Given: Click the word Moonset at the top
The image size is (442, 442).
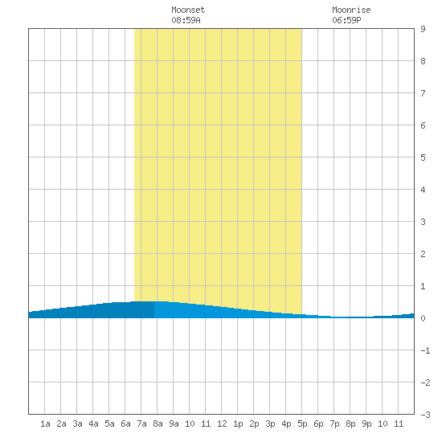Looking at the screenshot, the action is (188, 10).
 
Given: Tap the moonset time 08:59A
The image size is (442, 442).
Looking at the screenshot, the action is (186, 20).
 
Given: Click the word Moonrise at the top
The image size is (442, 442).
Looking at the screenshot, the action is (351, 10).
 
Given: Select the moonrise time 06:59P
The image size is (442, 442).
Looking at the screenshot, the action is (346, 20).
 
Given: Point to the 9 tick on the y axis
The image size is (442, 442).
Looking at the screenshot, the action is (423, 29).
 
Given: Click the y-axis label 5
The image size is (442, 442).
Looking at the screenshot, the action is (423, 158).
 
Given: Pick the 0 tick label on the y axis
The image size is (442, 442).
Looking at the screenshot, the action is (423, 318).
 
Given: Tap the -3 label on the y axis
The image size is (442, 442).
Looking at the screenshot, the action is (425, 415).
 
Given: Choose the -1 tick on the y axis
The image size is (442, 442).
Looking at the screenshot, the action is (425, 350).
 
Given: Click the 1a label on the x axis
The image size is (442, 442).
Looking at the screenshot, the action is (45, 424).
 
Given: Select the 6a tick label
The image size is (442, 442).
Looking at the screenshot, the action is (125, 424).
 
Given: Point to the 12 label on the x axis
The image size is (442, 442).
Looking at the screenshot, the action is (222, 424).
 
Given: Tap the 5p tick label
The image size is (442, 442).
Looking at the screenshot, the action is (302, 424).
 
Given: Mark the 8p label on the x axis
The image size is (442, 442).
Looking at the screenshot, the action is (350, 424).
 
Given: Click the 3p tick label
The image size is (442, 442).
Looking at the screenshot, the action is (270, 424).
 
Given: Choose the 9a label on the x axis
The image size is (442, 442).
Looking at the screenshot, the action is (174, 424).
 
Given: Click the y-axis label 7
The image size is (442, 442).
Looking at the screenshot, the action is (423, 93).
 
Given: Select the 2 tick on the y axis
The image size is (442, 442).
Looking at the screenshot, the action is (423, 254).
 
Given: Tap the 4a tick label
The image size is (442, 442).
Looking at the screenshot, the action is (93, 424).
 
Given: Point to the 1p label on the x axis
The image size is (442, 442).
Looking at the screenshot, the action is (238, 424).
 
